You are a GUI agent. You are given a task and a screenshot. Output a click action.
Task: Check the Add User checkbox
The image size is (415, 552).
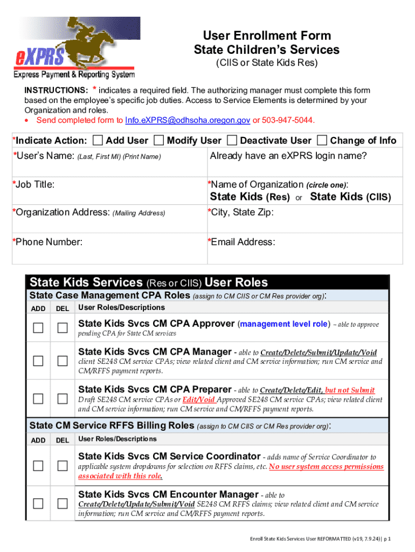98,141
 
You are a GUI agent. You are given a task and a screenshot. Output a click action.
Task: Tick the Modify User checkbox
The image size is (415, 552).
159,141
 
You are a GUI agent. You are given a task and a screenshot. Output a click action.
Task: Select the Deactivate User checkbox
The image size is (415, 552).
232,141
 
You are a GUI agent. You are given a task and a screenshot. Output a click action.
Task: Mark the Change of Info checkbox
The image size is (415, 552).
322,141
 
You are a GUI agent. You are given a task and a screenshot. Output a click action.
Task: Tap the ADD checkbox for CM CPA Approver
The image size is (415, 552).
38,328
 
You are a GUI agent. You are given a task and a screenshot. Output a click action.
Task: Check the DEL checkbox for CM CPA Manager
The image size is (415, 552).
63,361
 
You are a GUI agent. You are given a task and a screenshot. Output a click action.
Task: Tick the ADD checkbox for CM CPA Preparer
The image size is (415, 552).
38,398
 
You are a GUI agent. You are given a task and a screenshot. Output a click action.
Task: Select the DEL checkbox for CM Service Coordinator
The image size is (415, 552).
63,466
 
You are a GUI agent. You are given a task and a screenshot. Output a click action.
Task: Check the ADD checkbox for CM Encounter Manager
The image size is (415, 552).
38,503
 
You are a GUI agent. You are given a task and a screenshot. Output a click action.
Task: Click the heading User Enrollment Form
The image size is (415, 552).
262,36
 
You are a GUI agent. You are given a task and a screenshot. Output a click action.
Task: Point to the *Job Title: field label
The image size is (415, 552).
32,184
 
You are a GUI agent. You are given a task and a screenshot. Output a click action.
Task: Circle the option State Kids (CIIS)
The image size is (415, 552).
350,197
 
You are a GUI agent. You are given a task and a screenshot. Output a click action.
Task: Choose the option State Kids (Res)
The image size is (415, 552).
250,197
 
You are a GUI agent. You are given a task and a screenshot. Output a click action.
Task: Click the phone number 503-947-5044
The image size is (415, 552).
287,120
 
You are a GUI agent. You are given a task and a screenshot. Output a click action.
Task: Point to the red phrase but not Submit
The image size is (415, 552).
350,390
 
